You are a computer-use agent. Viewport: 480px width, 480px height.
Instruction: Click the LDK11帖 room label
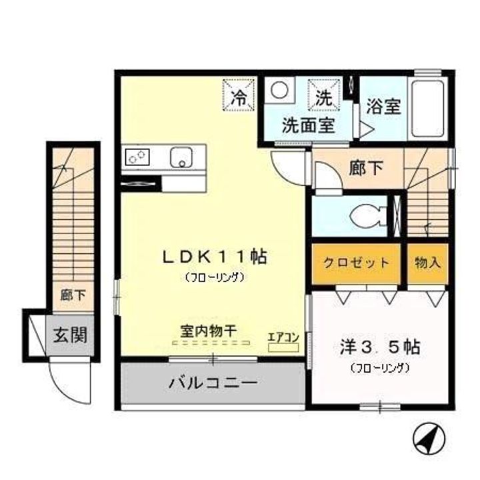click(x=215, y=257)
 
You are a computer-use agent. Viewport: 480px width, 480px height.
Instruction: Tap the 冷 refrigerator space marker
click(x=239, y=95)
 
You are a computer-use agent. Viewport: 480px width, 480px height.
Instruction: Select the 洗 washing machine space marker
click(x=324, y=95)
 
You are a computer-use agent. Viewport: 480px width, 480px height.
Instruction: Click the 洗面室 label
click(x=308, y=125)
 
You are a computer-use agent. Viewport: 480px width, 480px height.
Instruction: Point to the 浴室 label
click(x=383, y=106)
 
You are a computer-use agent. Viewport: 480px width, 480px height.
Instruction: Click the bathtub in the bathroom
click(x=427, y=108)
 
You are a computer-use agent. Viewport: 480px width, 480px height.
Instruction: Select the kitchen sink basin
click(x=181, y=157)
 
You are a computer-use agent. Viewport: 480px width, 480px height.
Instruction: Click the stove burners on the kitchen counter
click(x=137, y=157)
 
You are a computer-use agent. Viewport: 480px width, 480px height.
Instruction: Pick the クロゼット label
click(x=357, y=263)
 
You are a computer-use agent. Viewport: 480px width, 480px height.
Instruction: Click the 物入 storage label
click(x=427, y=263)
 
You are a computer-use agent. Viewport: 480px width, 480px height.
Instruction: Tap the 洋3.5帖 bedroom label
click(x=380, y=347)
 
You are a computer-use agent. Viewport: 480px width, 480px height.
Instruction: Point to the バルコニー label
click(x=213, y=383)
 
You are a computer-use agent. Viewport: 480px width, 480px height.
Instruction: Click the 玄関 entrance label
click(x=71, y=335)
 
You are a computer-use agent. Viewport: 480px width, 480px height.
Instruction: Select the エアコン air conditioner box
click(x=283, y=347)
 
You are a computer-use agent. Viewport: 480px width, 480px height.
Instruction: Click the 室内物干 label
click(x=209, y=331)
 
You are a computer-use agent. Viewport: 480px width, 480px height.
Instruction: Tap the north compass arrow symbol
click(x=429, y=437)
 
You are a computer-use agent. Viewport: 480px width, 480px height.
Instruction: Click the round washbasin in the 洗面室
click(x=279, y=90)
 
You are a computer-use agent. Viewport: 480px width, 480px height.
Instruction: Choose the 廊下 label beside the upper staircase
click(x=366, y=168)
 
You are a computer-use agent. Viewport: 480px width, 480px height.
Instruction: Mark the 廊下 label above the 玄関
click(x=73, y=295)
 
